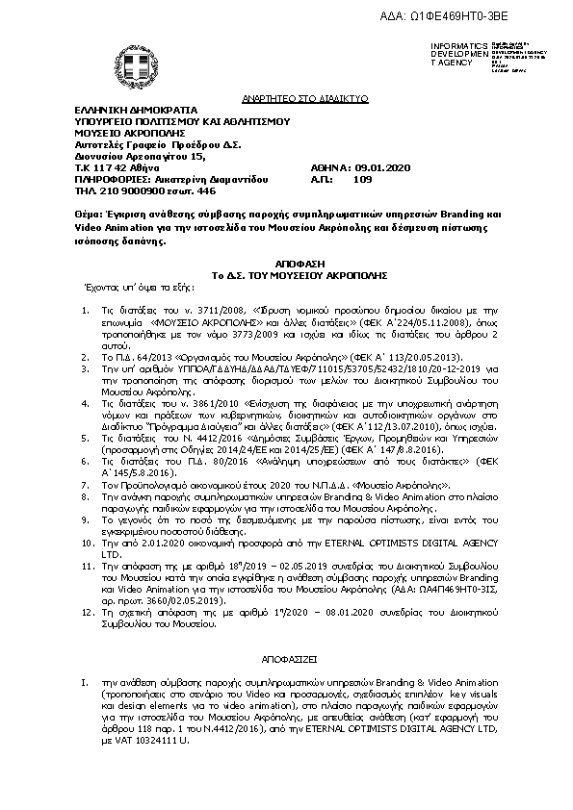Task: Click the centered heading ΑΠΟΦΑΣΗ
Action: click(x=285, y=262)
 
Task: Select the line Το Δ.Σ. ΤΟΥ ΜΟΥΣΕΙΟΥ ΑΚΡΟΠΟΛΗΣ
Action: click(x=285, y=273)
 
